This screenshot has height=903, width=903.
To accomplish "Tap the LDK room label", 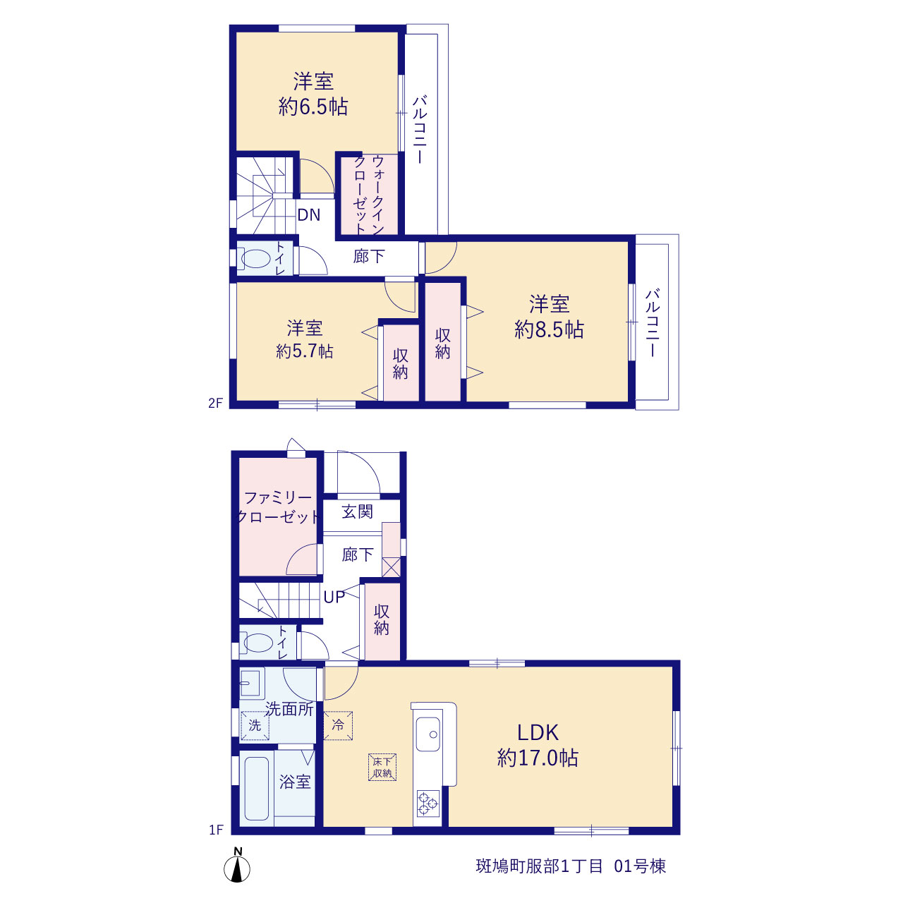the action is click(x=538, y=732).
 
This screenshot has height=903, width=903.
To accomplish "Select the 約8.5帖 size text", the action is click(x=549, y=330).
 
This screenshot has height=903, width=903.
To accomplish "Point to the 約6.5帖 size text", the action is click(x=313, y=107).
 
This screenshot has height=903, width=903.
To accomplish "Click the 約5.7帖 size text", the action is click(x=305, y=351).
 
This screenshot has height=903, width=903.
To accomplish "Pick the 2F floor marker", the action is click(x=216, y=403).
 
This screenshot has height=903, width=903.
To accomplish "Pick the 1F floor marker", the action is click(x=216, y=830).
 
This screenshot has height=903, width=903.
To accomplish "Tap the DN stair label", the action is click(x=309, y=215).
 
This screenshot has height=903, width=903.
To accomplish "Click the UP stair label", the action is click(x=334, y=597).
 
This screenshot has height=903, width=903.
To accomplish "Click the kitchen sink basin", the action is click(x=428, y=735).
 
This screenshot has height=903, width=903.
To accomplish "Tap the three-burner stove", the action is click(x=428, y=804).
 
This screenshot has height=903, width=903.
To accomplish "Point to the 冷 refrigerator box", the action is click(x=338, y=725).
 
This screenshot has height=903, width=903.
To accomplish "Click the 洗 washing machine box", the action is click(x=255, y=726).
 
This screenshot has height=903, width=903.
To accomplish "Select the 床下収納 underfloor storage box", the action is click(x=382, y=767).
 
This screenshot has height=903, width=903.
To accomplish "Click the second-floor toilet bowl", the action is click(x=256, y=259).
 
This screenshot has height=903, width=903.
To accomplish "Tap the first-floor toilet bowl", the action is click(x=258, y=643).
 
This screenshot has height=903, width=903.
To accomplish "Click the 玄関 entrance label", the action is click(x=357, y=511).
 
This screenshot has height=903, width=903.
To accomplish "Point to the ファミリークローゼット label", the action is click(x=279, y=507).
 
